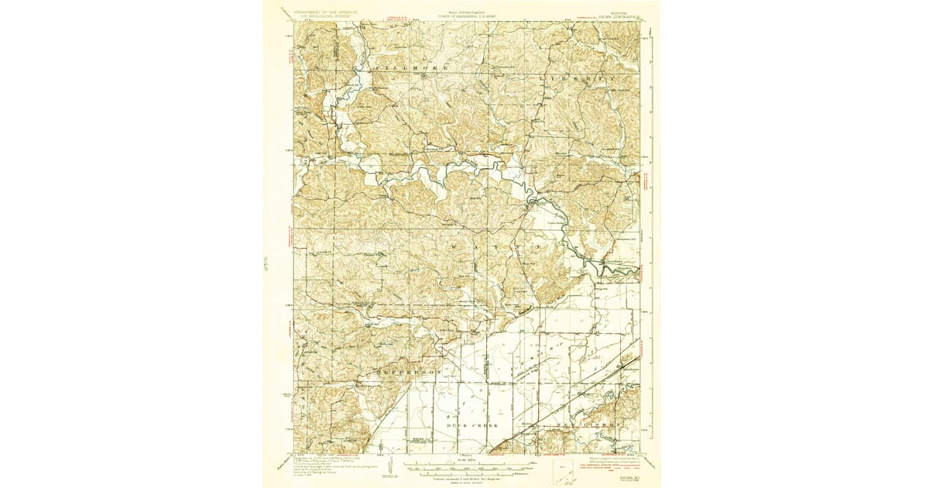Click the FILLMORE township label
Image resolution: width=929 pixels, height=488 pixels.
point(400,70)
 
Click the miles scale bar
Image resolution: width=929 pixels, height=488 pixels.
point(462,465)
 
